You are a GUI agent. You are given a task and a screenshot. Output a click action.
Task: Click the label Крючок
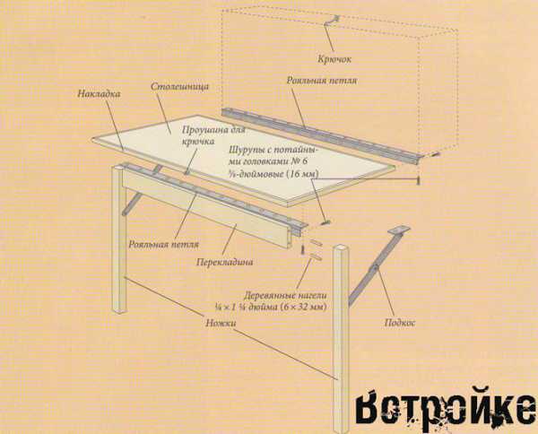tap(334, 59)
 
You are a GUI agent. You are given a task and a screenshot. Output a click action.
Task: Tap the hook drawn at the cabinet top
tap(332, 21)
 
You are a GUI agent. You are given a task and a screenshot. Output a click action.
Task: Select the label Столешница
tap(180, 86)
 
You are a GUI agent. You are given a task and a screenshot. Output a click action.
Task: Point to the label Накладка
tap(99, 93)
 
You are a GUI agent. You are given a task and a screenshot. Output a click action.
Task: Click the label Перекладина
tap(225, 262)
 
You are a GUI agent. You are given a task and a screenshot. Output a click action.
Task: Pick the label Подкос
tap(400, 323)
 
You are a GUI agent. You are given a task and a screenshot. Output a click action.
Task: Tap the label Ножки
tap(221, 323)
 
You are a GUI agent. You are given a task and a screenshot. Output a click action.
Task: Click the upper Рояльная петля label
tap(322, 81)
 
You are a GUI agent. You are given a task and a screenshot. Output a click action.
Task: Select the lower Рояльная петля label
tap(164, 245)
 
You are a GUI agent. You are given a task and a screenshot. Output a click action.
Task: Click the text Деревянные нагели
tap(285, 295)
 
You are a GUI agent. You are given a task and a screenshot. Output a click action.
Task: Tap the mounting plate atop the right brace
tap(399, 230)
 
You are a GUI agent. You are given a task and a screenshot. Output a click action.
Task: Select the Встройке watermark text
tap(445, 410)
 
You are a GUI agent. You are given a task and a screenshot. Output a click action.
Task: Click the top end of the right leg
tap(342, 247)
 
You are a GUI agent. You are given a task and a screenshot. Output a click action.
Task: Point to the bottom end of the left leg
tap(120, 311)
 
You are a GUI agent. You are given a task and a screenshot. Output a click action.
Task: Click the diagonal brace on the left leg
tap(132, 204)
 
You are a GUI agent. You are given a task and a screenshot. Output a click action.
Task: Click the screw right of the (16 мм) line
tap(418, 179)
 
